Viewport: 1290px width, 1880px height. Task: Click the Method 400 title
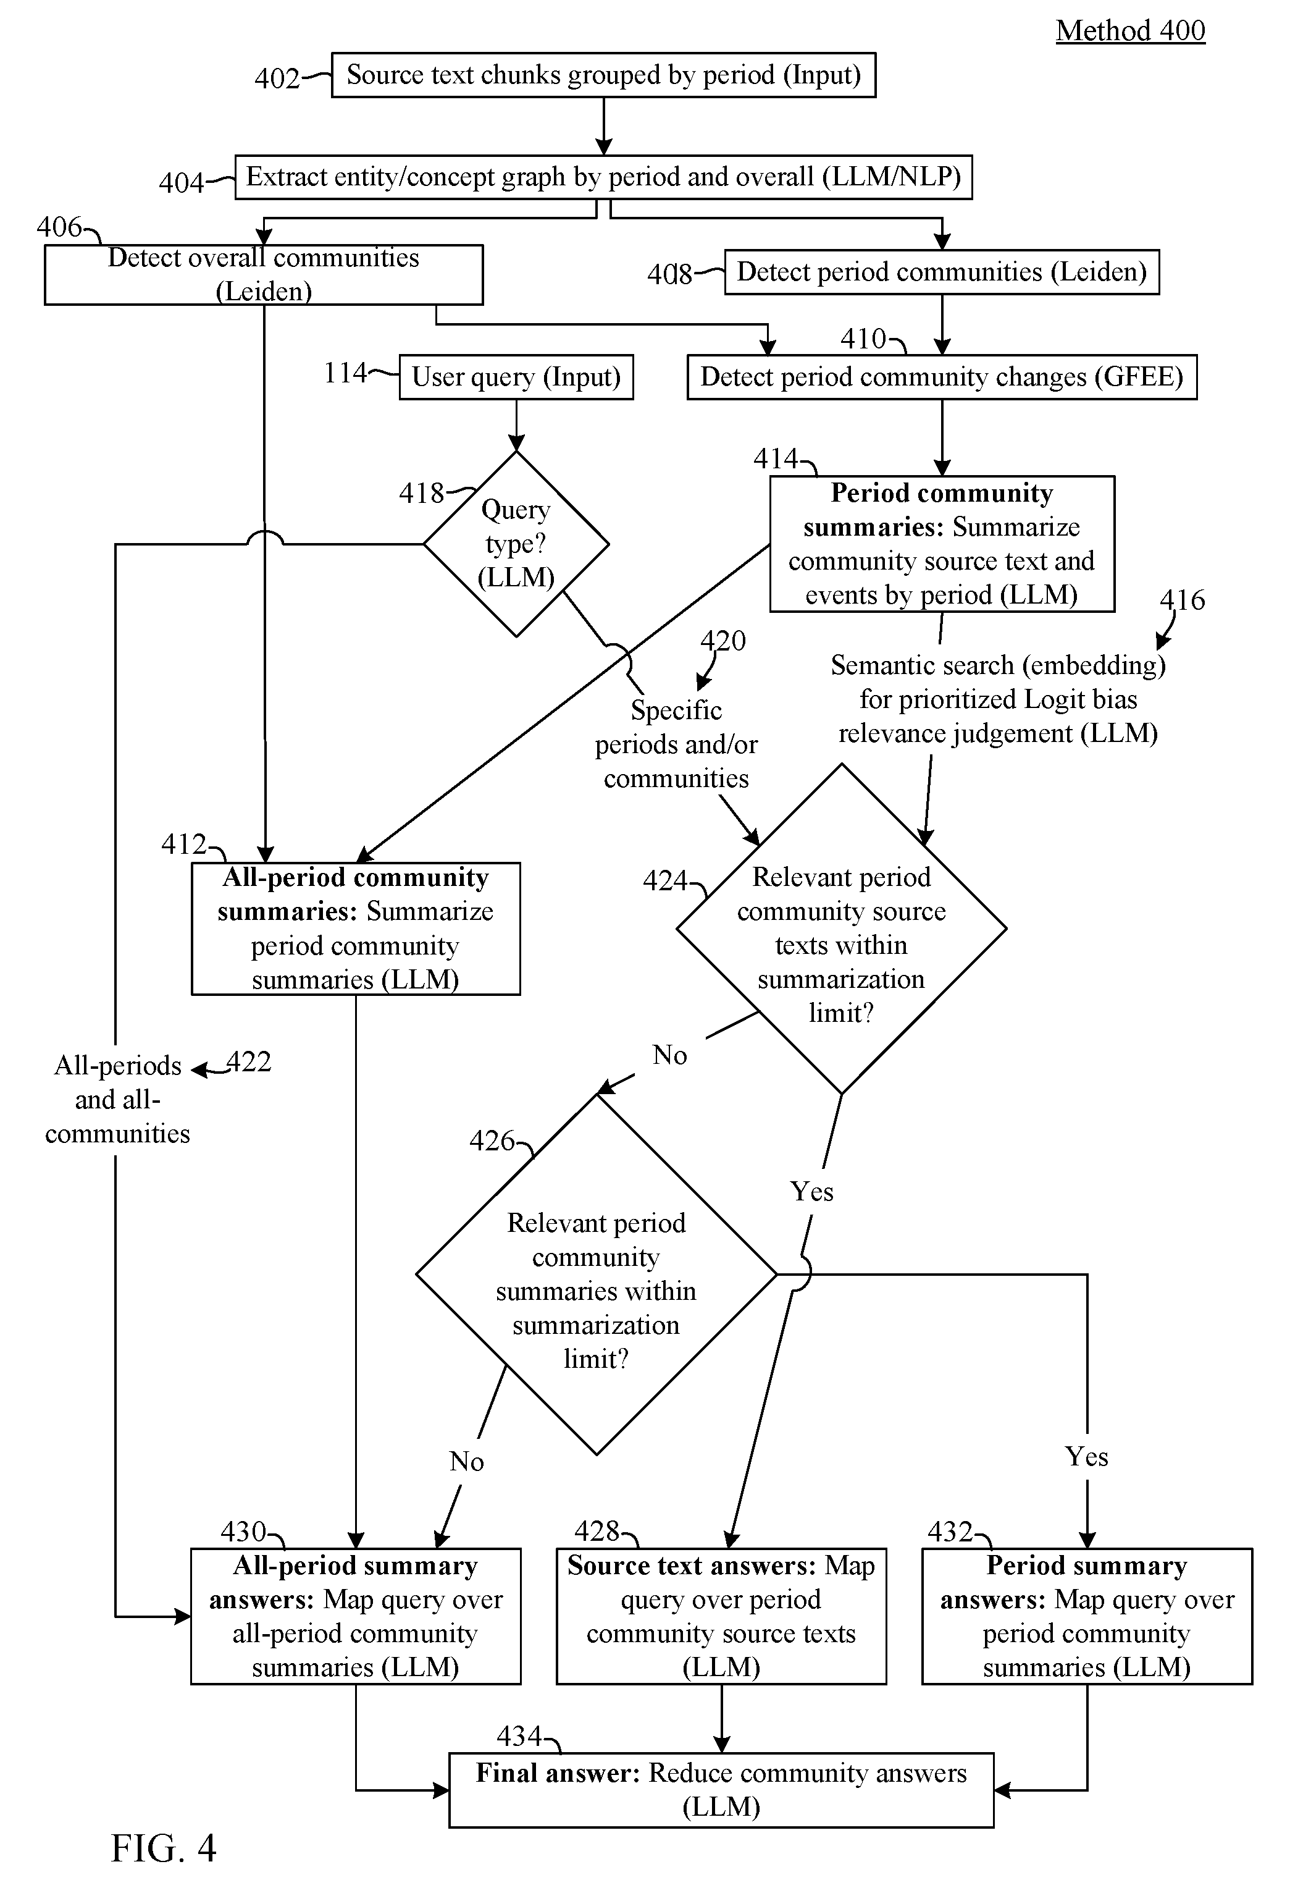1130,31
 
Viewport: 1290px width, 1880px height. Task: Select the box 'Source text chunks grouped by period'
603,75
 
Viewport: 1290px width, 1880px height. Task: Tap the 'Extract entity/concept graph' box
603,177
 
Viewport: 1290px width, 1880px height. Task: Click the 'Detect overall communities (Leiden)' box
264,275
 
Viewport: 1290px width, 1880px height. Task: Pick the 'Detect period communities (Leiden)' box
942,272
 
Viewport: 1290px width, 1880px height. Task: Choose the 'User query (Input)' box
516,377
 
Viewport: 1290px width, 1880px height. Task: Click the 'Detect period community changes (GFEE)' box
942,377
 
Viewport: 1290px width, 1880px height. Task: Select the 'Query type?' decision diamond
516,544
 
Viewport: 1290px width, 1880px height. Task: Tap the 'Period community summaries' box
942,544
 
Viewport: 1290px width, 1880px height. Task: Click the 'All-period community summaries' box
356,929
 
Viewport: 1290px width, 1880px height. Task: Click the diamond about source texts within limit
841,929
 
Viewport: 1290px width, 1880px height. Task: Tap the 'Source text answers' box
721,1616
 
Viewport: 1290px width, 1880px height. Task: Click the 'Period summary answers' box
1087,1616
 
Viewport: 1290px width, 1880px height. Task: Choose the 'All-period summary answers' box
356,1616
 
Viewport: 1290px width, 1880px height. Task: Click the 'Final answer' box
721,1790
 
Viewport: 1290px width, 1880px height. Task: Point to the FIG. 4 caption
164,1848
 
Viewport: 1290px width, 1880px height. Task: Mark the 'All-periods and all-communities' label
117,1099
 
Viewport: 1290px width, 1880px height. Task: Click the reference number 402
277,78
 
